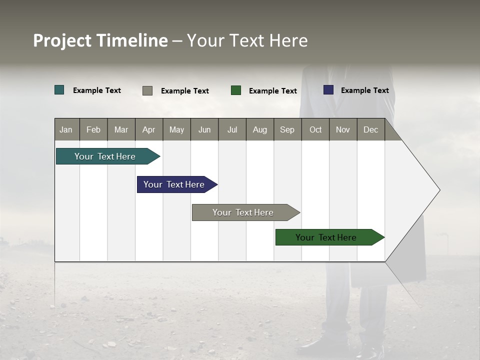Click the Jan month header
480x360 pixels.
[66, 129]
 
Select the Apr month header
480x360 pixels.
[148, 129]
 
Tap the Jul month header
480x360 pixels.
[232, 129]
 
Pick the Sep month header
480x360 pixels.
[287, 129]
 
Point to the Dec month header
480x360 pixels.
[370, 129]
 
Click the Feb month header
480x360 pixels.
[93, 129]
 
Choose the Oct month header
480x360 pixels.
[315, 129]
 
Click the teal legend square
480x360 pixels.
[59, 90]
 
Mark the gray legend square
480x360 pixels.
[147, 90]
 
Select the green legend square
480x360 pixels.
[236, 90]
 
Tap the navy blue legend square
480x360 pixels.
[328, 90]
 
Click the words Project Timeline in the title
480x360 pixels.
[100, 40]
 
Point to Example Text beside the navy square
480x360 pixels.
[364, 90]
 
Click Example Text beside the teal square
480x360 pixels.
[97, 90]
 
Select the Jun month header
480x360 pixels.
[204, 129]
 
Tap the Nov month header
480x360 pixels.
[343, 129]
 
